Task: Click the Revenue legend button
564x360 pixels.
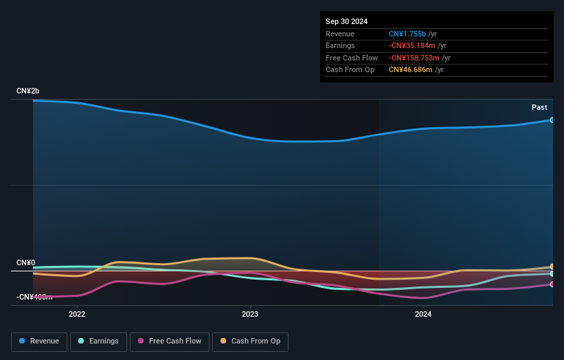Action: click(40, 341)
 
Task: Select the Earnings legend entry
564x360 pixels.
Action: click(99, 341)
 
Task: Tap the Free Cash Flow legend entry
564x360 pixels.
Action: click(170, 341)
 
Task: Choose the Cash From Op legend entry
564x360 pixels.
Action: click(251, 341)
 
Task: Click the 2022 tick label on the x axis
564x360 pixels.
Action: click(77, 315)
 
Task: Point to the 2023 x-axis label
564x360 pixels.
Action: click(250, 315)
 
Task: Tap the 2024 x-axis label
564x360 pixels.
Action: click(423, 315)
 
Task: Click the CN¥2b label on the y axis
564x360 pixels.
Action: click(28, 91)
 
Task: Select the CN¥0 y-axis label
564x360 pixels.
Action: click(25, 263)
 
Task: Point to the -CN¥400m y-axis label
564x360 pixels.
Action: click(34, 297)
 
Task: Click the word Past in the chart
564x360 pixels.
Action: click(539, 107)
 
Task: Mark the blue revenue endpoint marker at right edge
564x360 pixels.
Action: click(552, 120)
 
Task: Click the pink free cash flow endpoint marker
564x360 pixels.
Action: click(552, 284)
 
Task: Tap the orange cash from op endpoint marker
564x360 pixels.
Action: click(552, 267)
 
